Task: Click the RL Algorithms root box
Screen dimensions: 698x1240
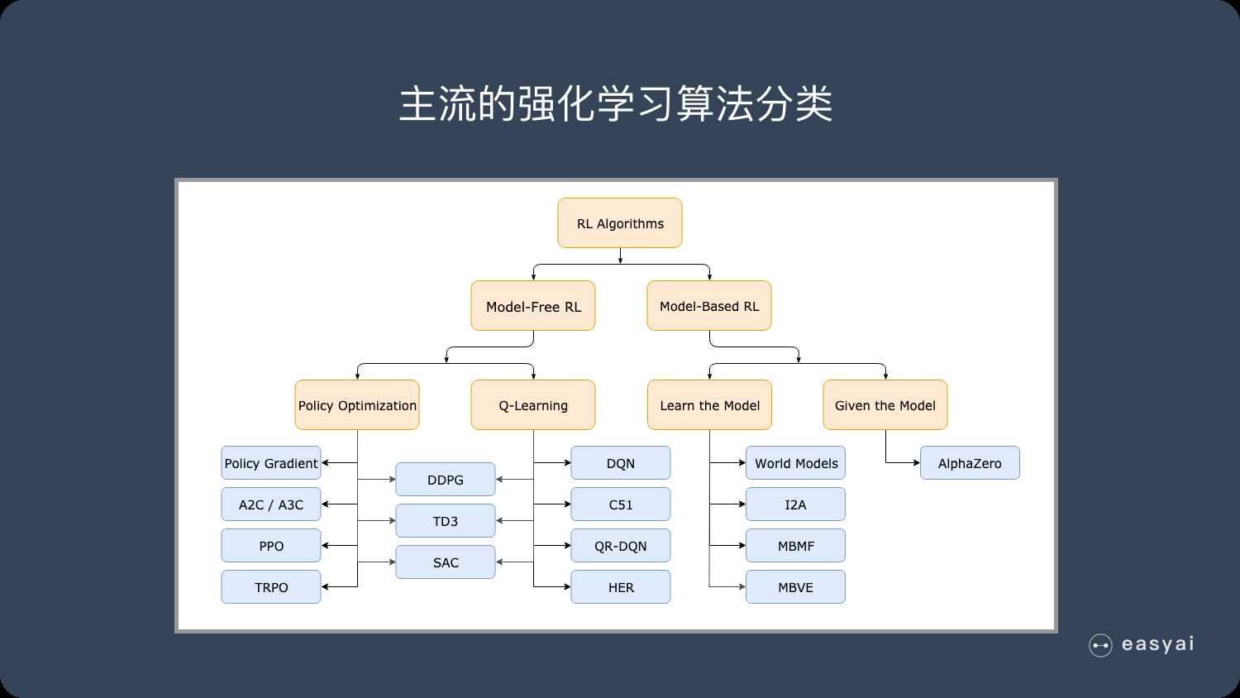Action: [620, 223]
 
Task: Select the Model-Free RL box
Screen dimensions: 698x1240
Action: [533, 306]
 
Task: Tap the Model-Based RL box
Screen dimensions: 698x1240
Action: [709, 306]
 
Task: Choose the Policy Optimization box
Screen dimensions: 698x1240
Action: [357, 405]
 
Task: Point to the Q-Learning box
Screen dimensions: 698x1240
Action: [533, 405]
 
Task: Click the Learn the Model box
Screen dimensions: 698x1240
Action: [709, 405]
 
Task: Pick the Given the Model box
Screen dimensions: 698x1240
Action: [885, 405]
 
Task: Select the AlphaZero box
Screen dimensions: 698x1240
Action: [970, 463]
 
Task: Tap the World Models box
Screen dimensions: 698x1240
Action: [795, 463]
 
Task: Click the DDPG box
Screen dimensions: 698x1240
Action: [446, 480]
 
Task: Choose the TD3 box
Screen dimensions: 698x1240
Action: [446, 521]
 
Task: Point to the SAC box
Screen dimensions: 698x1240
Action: [446, 562]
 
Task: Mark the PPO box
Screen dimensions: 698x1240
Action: [271, 546]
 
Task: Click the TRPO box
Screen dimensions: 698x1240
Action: [271, 587]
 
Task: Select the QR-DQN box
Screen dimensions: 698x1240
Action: [621, 546]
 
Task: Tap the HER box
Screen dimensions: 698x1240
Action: [621, 587]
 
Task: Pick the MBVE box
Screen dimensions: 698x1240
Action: [795, 587]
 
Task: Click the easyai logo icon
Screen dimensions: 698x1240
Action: [1100, 645]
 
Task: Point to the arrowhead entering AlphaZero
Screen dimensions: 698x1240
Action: [916, 463]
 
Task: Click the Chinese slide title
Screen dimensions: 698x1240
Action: [616, 105]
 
